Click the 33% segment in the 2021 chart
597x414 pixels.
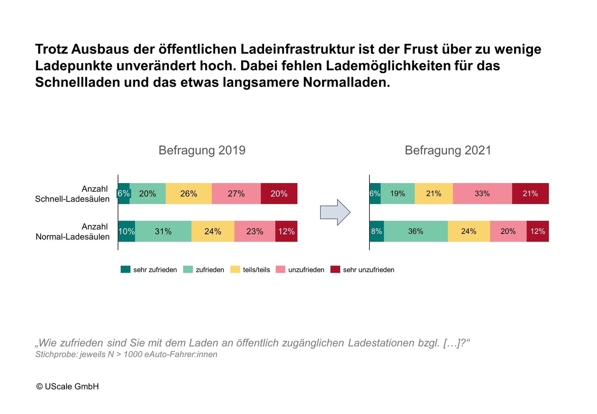tap(482, 194)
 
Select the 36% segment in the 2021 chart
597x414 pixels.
tap(416, 231)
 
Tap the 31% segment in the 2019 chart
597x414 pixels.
tap(163, 231)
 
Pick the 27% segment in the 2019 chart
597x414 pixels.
tap(236, 194)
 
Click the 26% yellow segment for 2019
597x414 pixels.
tap(188, 194)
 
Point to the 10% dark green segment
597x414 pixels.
tap(126, 231)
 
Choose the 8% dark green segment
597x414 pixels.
tap(376, 231)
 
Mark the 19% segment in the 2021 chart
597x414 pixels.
tap(397, 194)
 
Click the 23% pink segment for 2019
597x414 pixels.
tap(255, 231)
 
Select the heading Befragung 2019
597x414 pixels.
tap(202, 150)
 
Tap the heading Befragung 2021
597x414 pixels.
tap(448, 150)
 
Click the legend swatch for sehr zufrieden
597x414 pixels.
tap(125, 269)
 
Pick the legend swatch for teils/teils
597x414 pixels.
tap(235, 269)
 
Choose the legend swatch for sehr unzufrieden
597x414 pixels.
tap(335, 269)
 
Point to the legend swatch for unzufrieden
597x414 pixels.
tap(281, 269)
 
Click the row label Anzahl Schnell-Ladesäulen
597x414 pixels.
tap(72, 194)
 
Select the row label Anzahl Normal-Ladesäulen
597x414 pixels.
tap(72, 232)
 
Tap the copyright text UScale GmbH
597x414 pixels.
tap(68, 387)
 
